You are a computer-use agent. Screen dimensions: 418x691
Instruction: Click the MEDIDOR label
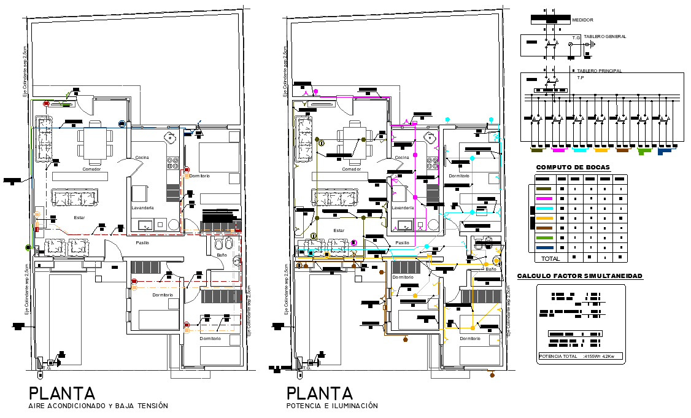[582, 20]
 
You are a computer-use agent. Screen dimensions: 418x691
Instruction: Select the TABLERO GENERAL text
[604, 37]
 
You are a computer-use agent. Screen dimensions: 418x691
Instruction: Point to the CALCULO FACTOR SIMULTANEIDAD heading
[580, 276]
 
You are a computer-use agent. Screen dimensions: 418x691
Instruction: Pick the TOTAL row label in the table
[550, 258]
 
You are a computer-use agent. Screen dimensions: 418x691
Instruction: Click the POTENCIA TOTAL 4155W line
[580, 356]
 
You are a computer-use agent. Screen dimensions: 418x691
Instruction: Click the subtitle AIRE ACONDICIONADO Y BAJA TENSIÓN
[98, 406]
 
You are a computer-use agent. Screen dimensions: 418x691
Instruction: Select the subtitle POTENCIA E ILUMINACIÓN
[331, 406]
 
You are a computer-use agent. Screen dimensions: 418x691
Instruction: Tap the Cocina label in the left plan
[142, 157]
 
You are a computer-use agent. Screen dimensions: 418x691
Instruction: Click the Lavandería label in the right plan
[403, 207]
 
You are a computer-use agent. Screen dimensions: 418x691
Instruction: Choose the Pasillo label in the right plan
[402, 243]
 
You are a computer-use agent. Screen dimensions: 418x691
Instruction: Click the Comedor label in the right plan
[351, 169]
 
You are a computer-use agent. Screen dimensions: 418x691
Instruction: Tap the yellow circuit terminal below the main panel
[601, 149]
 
